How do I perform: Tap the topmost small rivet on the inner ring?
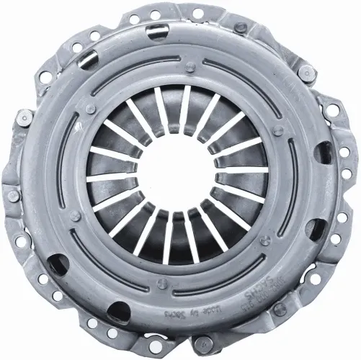tap(190, 67)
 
